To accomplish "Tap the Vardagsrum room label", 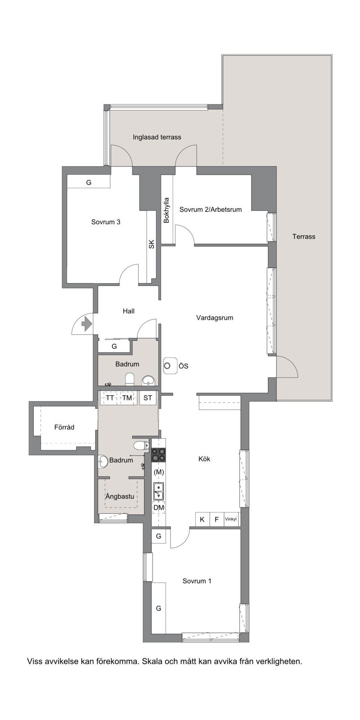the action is tap(215, 317).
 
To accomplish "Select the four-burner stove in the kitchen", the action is tap(159, 455).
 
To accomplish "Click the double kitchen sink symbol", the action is tap(158, 491).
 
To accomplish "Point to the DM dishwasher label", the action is tap(159, 507).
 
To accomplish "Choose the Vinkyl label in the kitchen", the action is tap(231, 519).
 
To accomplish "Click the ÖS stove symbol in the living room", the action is tap(171, 366).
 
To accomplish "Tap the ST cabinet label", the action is tap(148, 398).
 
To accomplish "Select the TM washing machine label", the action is tap(127, 398).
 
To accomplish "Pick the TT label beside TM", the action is tap(110, 398).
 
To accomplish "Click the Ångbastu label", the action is tap(119, 496).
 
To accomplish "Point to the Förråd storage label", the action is tap(64, 427).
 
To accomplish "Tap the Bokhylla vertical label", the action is tap(166, 210).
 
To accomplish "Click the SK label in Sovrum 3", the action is tap(152, 245).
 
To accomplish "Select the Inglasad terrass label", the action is tap(157, 137).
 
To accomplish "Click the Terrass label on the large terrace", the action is tap(304, 236).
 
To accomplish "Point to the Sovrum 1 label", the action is tap(197, 581).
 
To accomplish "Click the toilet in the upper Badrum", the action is tap(130, 379).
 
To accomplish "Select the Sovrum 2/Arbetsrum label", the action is tap(211, 209).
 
